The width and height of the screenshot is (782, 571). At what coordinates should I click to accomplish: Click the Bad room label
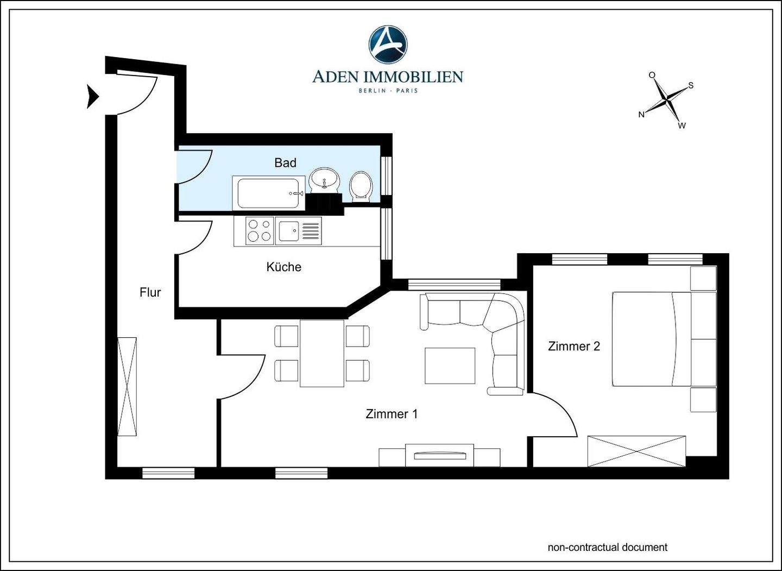(285, 163)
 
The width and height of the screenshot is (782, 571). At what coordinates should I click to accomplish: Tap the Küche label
(284, 267)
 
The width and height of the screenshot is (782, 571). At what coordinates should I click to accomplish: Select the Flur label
(150, 293)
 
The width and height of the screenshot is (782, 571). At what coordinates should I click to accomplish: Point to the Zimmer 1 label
(392, 414)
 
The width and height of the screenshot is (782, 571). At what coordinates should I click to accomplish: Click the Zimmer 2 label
(574, 347)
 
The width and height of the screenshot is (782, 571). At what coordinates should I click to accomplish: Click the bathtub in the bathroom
(269, 193)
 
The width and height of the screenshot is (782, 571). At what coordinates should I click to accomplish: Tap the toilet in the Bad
(361, 187)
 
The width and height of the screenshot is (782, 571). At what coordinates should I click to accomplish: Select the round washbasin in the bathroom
(325, 180)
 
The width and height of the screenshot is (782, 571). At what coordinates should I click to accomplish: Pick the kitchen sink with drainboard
(299, 231)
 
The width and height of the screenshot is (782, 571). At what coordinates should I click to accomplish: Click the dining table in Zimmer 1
(322, 353)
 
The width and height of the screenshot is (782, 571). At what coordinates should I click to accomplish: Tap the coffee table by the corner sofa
(450, 366)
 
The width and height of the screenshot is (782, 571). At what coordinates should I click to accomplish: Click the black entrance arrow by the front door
(92, 97)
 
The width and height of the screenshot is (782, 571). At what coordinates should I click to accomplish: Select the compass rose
(667, 101)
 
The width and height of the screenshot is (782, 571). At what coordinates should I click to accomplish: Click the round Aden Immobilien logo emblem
(388, 44)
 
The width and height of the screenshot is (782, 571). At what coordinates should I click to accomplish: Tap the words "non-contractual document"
(608, 547)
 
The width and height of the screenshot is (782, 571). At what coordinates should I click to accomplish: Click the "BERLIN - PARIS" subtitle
(388, 91)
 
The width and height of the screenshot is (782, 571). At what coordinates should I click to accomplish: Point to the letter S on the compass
(691, 85)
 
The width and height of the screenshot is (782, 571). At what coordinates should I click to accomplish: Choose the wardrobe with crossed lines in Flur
(127, 387)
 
